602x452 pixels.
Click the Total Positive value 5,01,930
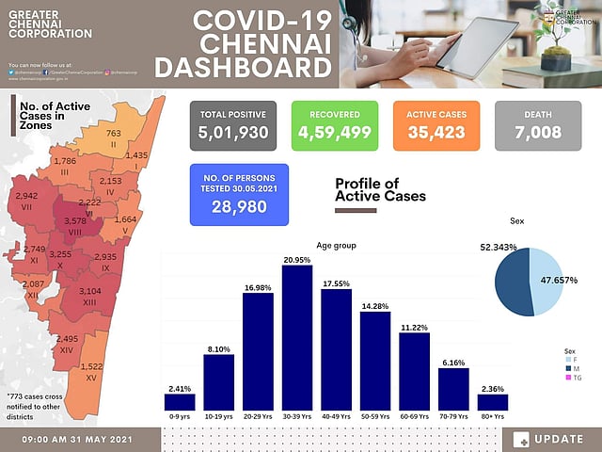tap(234, 133)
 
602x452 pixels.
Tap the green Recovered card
tap(335, 125)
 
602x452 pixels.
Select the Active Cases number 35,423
tap(436, 133)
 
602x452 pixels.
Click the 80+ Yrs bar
tap(518, 402)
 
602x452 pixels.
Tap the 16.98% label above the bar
tap(258, 287)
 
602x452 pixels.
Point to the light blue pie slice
tap(547, 282)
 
